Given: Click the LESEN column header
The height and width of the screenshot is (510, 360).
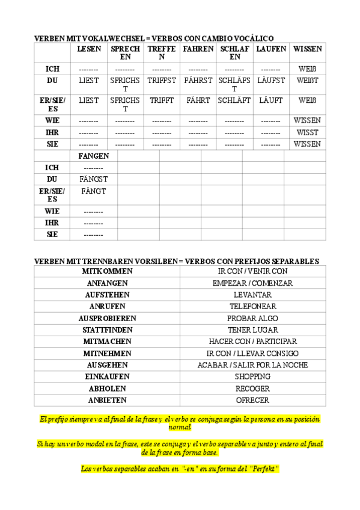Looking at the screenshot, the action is (89, 49).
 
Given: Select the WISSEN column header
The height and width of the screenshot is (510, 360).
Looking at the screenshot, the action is (307, 49).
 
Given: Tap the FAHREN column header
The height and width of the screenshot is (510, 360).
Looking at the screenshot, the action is (198, 49).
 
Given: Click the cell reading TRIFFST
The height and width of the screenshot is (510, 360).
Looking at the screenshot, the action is (162, 80).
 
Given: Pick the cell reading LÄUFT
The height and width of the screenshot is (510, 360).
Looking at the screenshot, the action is (270, 100).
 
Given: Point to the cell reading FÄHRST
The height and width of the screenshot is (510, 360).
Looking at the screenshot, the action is (198, 80).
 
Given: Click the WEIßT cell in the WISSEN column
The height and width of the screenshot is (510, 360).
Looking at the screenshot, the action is (307, 80).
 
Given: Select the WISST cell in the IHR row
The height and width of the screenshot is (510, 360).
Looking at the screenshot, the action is (307, 132).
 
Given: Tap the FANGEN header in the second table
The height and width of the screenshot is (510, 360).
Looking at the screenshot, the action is (93, 156).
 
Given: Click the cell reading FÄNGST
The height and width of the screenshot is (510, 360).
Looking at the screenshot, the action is (93, 179).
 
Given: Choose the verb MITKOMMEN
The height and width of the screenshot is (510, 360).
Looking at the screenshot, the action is (107, 271).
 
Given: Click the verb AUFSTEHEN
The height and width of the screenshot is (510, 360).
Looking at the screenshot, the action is (107, 295).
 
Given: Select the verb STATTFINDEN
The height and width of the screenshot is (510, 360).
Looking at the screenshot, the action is (107, 330).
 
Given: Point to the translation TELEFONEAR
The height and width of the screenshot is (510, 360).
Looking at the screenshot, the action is (252, 307).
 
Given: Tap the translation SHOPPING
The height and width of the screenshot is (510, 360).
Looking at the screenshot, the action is (252, 376).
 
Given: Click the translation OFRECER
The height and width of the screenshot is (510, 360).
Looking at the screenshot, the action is (252, 400).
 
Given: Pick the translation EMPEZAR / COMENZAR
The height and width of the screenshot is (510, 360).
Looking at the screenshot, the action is (252, 283).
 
